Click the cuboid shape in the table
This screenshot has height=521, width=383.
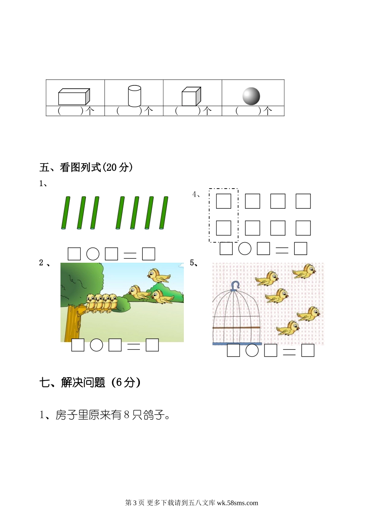[74, 97]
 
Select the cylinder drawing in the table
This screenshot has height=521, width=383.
[135, 96]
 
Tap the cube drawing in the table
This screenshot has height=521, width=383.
[191, 97]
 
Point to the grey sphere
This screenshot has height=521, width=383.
[251, 96]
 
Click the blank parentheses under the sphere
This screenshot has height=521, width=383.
[248, 111]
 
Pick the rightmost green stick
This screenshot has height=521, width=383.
[164, 213]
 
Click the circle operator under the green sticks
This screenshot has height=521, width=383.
[93, 254]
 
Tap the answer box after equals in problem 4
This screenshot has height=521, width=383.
[300, 248]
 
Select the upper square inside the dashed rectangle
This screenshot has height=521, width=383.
[223, 201]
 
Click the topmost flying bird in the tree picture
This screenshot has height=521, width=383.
[158, 276]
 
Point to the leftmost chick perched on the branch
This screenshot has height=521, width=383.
[90, 303]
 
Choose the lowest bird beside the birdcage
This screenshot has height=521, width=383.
[287, 328]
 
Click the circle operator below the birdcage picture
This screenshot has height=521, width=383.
[252, 350]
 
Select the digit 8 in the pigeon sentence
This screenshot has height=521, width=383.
[127, 421]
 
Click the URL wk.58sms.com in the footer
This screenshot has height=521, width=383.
[237, 502]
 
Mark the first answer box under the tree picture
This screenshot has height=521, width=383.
[78, 345]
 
